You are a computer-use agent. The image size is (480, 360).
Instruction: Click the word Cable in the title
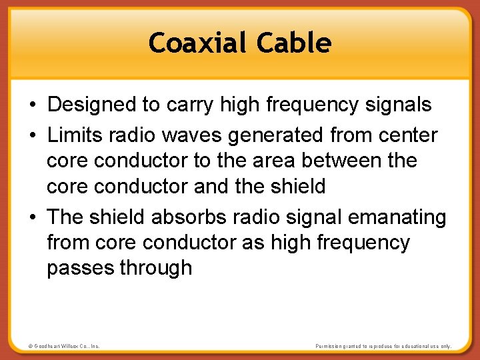[x=294, y=43]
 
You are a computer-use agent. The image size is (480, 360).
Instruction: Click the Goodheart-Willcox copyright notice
[x=64, y=347]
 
